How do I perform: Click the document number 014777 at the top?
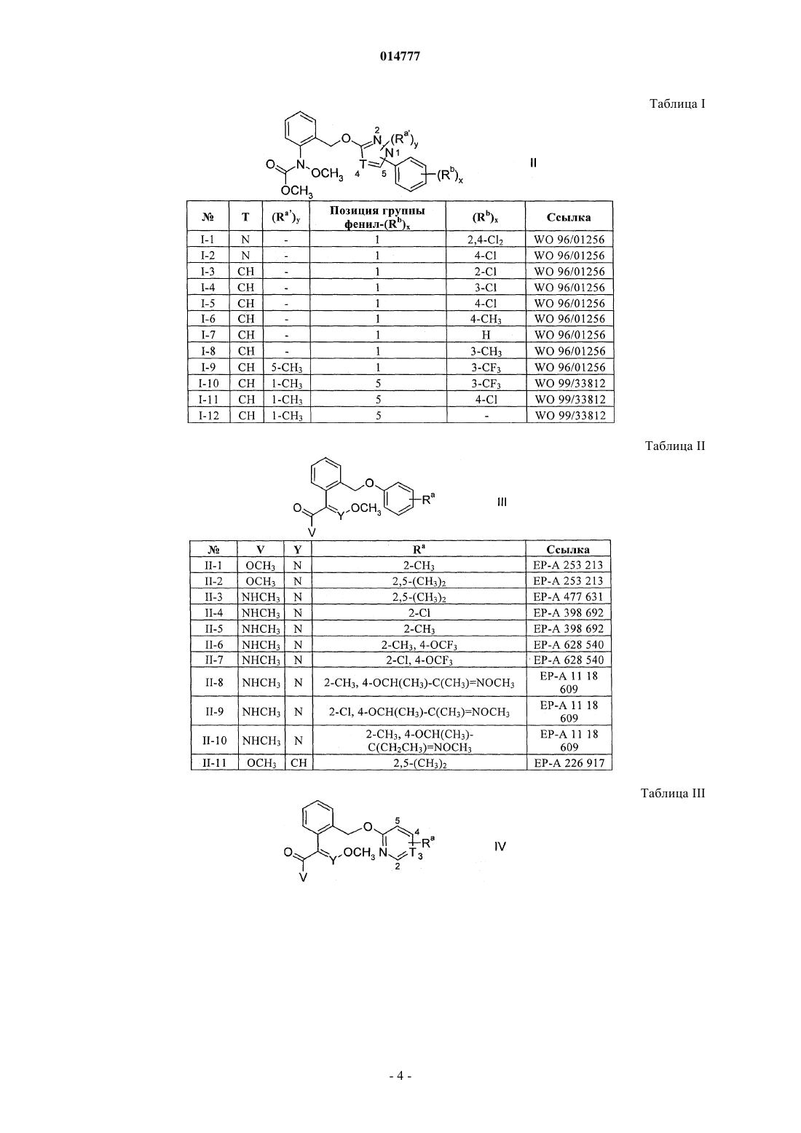400,56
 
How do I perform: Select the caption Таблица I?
677,104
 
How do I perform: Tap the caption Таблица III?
673,793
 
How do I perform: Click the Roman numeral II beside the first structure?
533,163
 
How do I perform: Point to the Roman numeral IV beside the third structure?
500,846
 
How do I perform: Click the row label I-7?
208,335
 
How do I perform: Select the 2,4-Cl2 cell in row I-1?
486,240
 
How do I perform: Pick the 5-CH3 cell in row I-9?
287,367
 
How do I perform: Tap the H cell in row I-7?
486,335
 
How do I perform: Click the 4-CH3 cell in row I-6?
486,319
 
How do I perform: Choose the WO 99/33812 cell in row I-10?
570,383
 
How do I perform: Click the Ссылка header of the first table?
569,218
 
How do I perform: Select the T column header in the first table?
245,218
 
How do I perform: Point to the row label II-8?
214,682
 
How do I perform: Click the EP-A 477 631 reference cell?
569,597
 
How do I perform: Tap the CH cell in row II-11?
299,763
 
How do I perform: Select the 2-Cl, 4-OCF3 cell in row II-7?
419,660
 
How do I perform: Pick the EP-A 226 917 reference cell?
569,763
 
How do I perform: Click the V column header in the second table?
261,549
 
